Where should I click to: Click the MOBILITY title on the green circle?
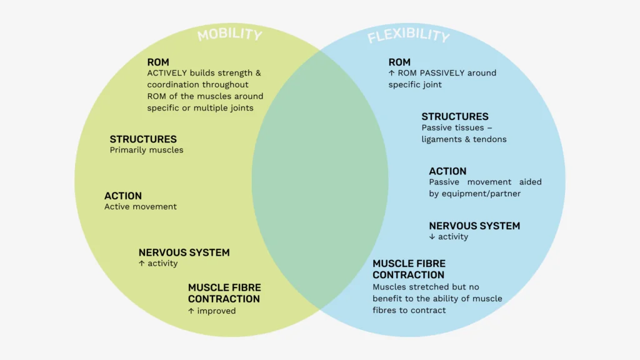point(229,34)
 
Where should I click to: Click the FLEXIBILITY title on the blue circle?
point(408,36)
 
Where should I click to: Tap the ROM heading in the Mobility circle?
point(158,62)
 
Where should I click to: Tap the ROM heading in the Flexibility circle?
point(399,62)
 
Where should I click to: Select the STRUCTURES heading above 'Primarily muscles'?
point(143,139)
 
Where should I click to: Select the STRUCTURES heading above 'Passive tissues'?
point(455,117)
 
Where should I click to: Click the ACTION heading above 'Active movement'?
point(123,196)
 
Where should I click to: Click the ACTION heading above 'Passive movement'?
point(447,171)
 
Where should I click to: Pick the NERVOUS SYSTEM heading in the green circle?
point(184,253)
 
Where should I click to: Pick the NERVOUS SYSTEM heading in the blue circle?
point(474,226)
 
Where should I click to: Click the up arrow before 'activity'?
point(142,264)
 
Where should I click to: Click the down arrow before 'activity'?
point(432,237)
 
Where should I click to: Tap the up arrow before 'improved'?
point(191,311)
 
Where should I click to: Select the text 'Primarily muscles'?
point(146,150)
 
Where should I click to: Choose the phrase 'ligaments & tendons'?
point(464,139)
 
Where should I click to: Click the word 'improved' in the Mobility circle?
point(216,311)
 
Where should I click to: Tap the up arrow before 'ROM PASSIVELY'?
point(391,73)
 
